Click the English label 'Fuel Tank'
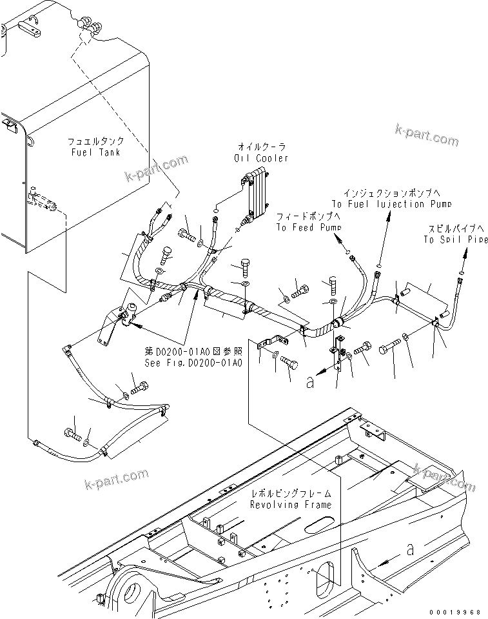pyautogui.click(x=96, y=152)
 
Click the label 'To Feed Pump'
pyautogui.click(x=309, y=227)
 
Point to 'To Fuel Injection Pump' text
pyautogui.click(x=391, y=203)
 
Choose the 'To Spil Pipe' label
pyautogui.click(x=454, y=239)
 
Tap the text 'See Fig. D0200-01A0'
pyautogui.click(x=193, y=363)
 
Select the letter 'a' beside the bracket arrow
pyautogui.click(x=310, y=382)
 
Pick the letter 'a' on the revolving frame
pyautogui.click(x=411, y=549)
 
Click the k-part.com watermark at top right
pyautogui.click(x=427, y=134)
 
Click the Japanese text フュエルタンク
pyautogui.click(x=96, y=141)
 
